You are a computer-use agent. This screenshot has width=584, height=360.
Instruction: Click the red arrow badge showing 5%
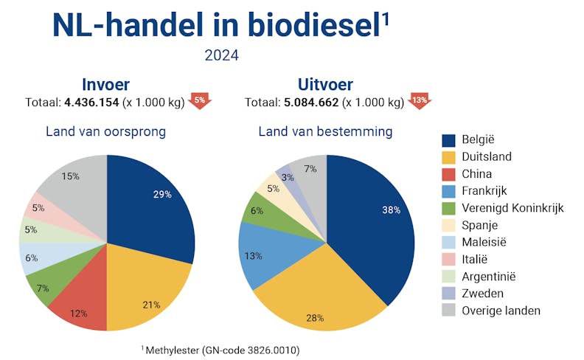[199, 101]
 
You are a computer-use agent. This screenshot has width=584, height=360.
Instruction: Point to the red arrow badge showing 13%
[419, 101]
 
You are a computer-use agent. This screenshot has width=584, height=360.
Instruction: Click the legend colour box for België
[448, 140]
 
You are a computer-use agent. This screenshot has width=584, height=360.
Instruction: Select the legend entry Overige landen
[501, 310]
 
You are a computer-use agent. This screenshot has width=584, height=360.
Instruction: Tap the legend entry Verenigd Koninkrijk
[512, 208]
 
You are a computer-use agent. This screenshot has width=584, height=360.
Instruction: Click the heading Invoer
[107, 84]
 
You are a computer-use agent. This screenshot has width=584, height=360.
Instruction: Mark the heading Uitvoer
[325, 84]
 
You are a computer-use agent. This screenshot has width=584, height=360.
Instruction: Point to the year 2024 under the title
[222, 55]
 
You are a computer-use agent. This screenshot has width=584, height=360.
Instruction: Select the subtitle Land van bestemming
[325, 132]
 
